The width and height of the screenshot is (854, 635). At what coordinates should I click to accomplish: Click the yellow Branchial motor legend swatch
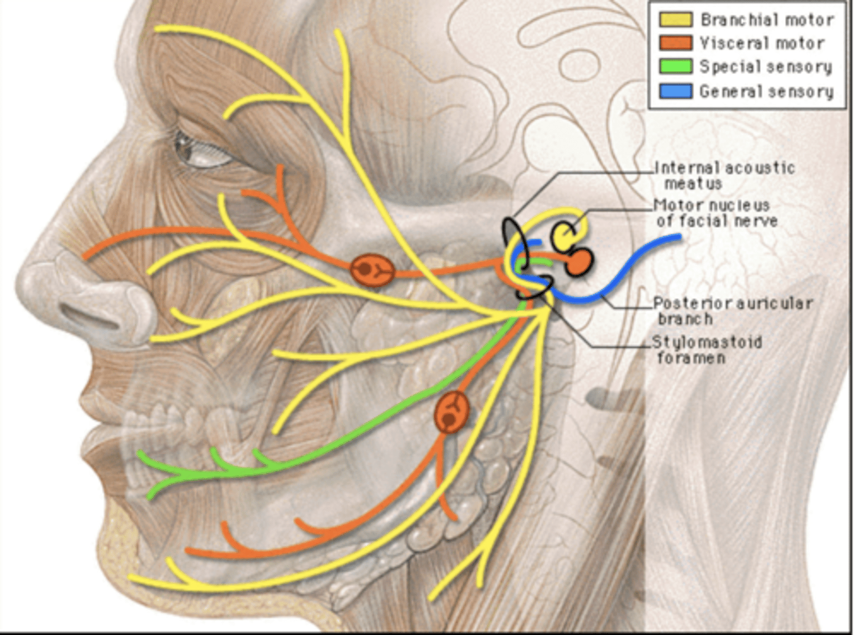675,19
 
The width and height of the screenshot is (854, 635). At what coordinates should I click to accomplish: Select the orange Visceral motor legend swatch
675,43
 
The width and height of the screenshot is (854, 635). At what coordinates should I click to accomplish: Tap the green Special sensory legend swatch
675,66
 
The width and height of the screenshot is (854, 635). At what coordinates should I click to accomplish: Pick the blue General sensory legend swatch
675,91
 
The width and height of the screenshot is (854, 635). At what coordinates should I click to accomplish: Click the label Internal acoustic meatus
725,175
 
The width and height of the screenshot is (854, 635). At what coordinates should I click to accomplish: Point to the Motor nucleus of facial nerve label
716,213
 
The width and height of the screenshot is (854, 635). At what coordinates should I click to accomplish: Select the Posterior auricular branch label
732,311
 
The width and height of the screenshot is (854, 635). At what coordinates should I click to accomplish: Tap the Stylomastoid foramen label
707,350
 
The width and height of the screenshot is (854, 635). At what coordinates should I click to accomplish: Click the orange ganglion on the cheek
372,270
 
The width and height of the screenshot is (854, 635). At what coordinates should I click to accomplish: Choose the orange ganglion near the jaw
452,411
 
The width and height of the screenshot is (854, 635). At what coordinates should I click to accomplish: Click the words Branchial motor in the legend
767,20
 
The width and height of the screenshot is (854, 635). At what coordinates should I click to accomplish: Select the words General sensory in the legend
766,92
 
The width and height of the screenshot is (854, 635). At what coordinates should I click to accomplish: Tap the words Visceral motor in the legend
761,43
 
